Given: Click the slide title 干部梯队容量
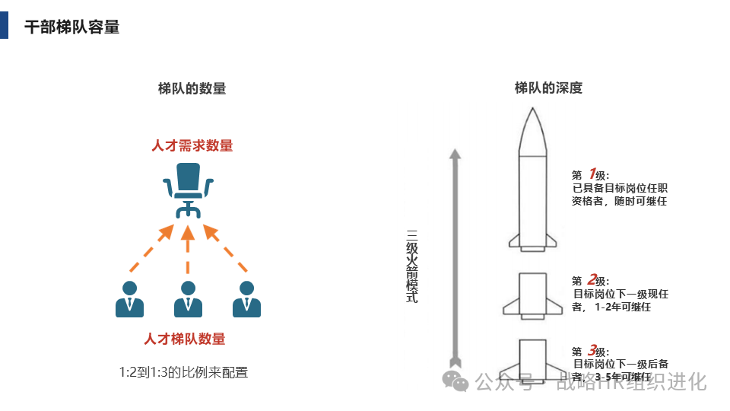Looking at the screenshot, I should tap(72, 27).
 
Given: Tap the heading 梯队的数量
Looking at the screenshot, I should tap(192, 88).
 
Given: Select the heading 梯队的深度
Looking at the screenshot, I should tap(547, 88).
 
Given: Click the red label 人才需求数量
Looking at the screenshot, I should tap(192, 145).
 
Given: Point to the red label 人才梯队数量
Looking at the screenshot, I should tap(185, 339).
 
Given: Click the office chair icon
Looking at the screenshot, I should tap(188, 190).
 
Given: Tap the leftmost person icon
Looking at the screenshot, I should tap(130, 299).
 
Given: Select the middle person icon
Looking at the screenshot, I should tap(188, 299).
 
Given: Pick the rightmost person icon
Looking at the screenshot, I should tap(246, 299).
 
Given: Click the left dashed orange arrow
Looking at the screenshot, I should tap(151, 248).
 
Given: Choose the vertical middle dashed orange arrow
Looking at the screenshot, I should tap(188, 250).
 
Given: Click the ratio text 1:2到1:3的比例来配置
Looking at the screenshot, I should tap(183, 373).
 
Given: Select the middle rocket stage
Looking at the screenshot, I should tap(532, 293).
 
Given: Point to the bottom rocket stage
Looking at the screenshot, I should tap(532, 358).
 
